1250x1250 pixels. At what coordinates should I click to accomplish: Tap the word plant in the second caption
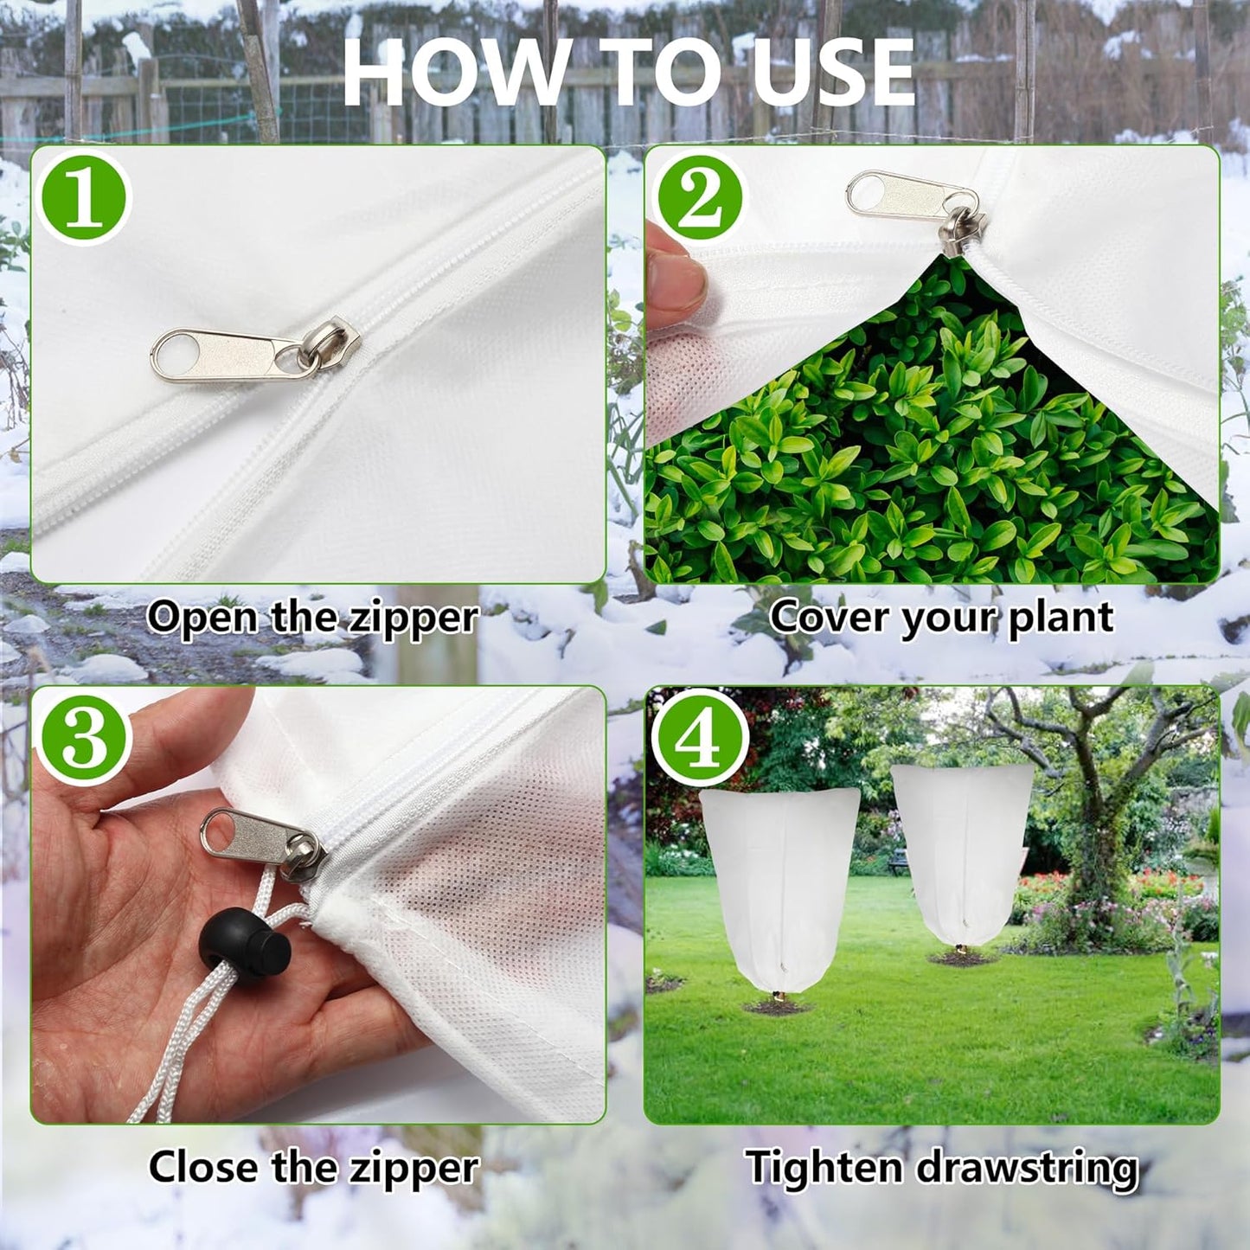[x=1061, y=618]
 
